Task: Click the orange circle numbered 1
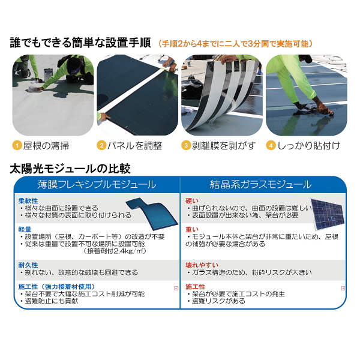click(x=17, y=145)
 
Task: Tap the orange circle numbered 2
click(x=101, y=145)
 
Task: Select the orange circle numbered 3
click(x=186, y=145)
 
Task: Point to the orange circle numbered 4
click(x=271, y=145)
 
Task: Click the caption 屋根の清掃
click(x=46, y=146)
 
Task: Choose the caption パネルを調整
click(x=135, y=146)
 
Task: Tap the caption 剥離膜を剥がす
click(x=224, y=146)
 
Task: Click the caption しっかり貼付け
click(x=309, y=146)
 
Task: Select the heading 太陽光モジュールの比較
click(x=70, y=169)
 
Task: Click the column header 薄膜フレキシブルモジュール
click(x=97, y=185)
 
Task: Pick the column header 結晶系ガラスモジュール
click(x=261, y=185)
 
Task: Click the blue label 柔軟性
click(x=28, y=201)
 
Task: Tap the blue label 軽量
click(x=25, y=229)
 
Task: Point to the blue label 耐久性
click(x=28, y=265)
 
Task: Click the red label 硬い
click(x=192, y=201)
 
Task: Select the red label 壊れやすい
click(x=202, y=265)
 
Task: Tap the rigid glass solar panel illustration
click(x=328, y=214)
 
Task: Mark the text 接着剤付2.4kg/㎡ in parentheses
click(x=115, y=251)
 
